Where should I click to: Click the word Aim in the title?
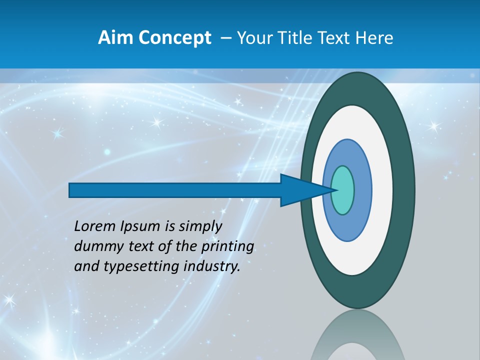pos(114,37)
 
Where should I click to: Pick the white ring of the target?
pos(382,190)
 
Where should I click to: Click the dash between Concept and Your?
pos(225,38)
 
